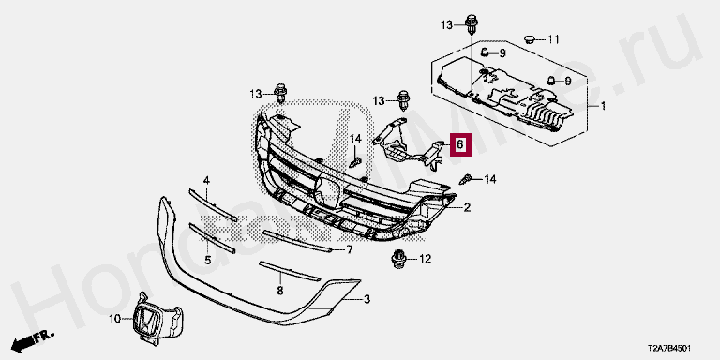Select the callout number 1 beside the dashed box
[604, 107]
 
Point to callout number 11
[553, 40]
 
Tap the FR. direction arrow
[32, 339]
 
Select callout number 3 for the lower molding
[367, 300]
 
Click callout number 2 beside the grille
[467, 208]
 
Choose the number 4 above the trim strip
[206, 181]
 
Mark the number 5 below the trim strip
[207, 261]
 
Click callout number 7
[350, 249]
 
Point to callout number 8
[280, 291]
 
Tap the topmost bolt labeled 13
[472, 24]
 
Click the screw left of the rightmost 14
[466, 179]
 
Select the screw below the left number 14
[355, 162]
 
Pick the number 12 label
[425, 260]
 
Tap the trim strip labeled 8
[290, 271]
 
